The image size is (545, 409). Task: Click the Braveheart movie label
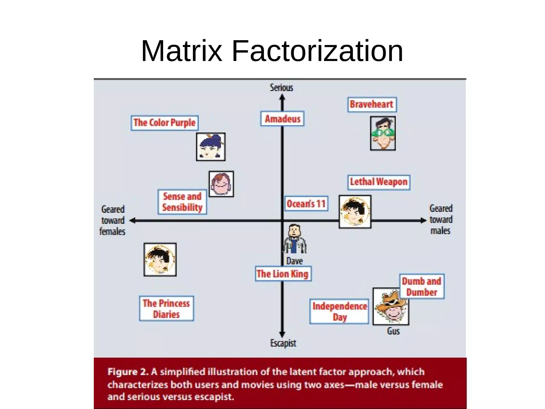(x=372, y=104)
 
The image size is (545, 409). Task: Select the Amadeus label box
(x=282, y=119)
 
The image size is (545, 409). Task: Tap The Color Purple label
(x=164, y=123)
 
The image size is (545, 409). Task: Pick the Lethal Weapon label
(x=378, y=182)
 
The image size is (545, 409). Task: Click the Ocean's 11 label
(x=306, y=204)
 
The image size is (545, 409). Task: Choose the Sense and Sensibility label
(x=182, y=202)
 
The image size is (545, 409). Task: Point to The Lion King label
(x=283, y=274)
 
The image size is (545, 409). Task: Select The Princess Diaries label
(x=166, y=309)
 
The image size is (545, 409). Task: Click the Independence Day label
(x=339, y=311)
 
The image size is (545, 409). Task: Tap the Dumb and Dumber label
(x=422, y=286)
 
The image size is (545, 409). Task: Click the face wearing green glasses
(x=383, y=133)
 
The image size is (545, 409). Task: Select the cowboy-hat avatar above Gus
(x=391, y=306)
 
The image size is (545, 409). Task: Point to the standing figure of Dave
(x=294, y=239)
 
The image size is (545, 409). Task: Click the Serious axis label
(x=281, y=88)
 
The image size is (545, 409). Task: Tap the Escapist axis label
(x=283, y=343)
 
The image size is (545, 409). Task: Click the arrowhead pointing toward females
(x=132, y=221)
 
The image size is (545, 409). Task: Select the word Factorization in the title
(x=317, y=51)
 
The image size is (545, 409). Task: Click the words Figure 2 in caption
(x=128, y=372)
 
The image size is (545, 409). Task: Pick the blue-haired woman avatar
(x=211, y=147)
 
